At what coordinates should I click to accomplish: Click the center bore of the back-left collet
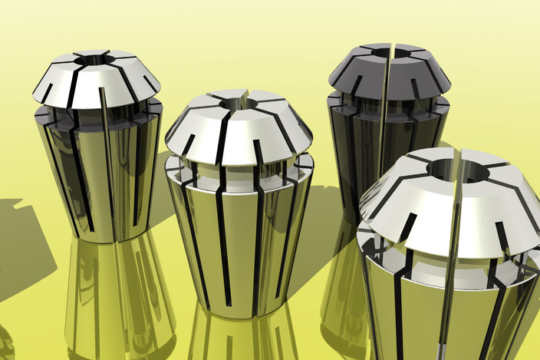click(97, 58)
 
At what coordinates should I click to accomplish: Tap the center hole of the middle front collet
click(239, 102)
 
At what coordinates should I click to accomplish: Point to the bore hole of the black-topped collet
click(381, 52)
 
